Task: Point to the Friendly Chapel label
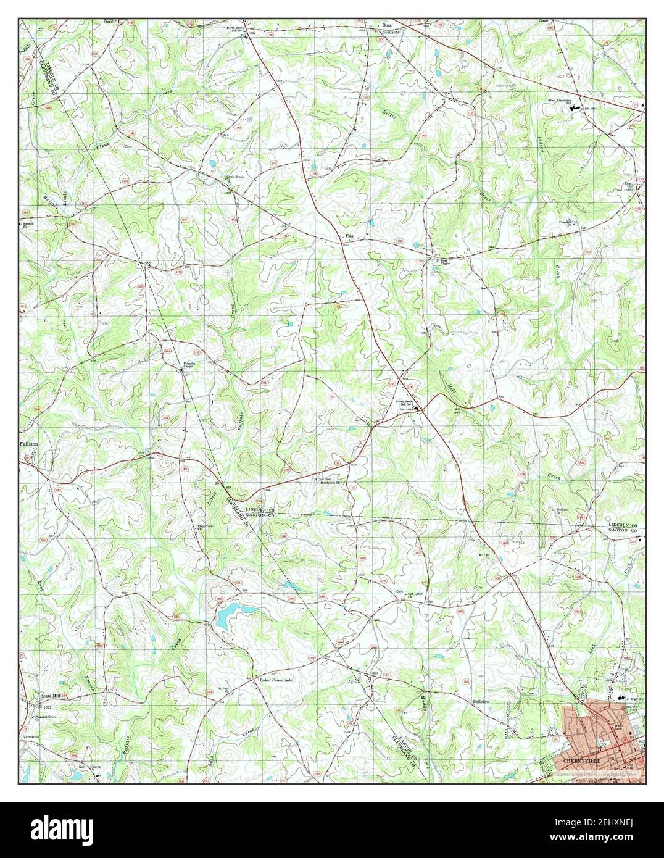[189, 365]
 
